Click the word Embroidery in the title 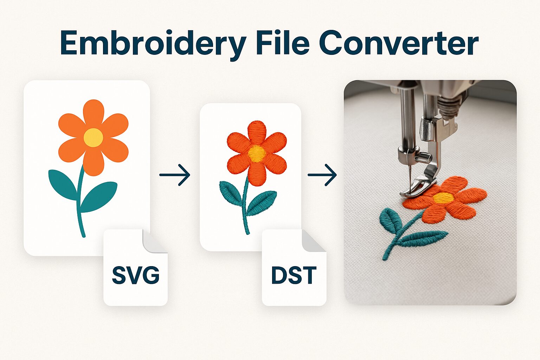coord(154,45)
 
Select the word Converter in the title coord(399,43)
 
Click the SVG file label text coord(136,275)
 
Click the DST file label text coord(294,275)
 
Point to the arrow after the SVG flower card coord(175,175)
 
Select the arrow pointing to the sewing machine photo coord(322,175)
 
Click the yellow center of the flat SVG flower coord(93,137)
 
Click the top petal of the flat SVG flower coord(94,113)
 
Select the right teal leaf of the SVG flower coord(99,197)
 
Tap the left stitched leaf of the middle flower coord(231,193)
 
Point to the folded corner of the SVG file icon coord(154,242)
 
